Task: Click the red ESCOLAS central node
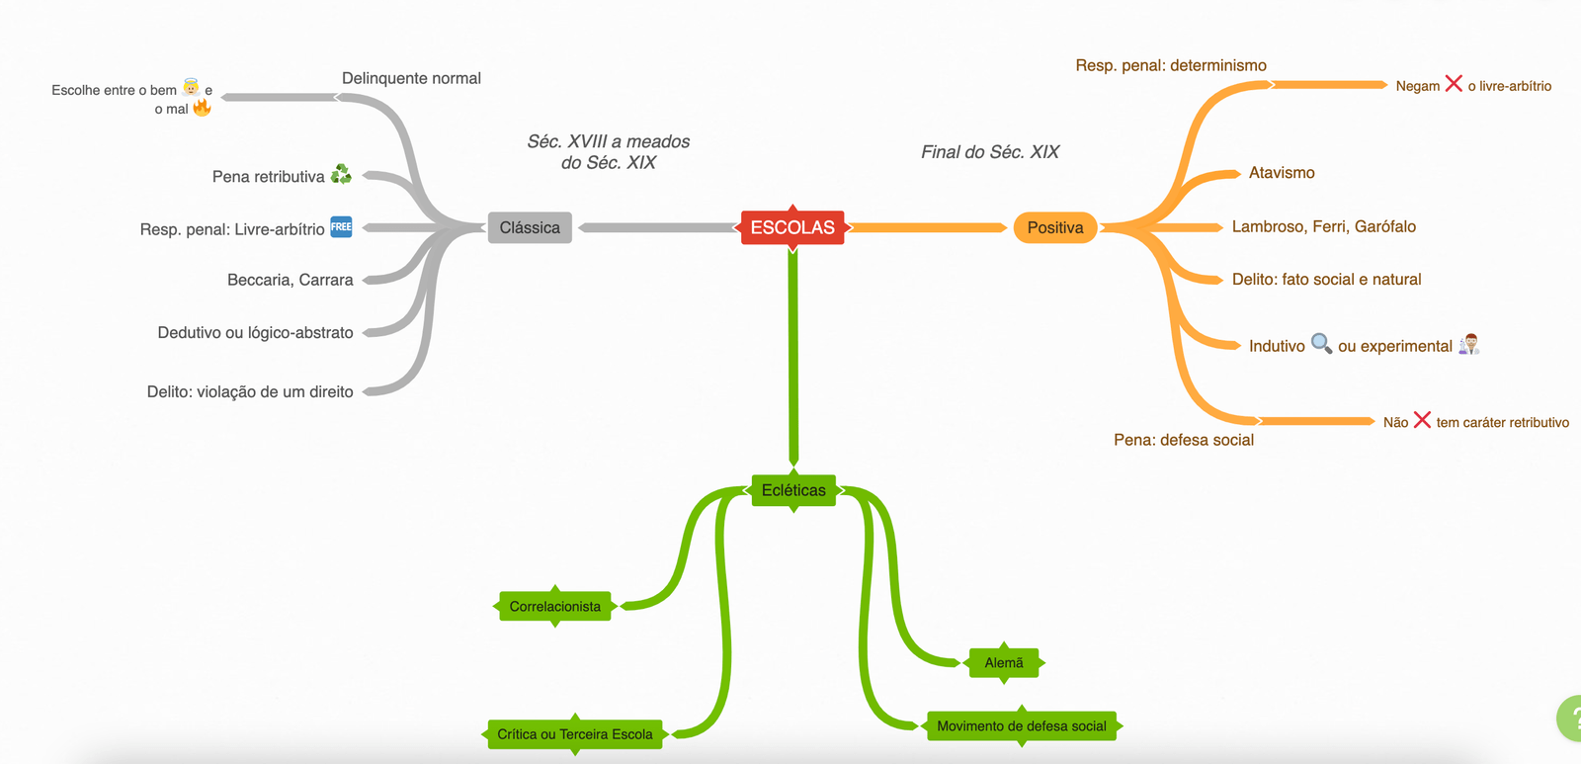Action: (x=792, y=227)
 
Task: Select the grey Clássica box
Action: (x=530, y=227)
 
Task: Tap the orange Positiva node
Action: (x=1055, y=227)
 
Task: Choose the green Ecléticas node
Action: (x=793, y=490)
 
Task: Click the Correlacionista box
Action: (x=554, y=606)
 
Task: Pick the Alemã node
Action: (x=1004, y=662)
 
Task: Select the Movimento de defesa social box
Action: (x=1021, y=725)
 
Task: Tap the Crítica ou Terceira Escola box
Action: (x=574, y=734)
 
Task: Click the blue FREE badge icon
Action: (x=341, y=226)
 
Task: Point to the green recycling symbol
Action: (x=341, y=174)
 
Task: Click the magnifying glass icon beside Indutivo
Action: (x=1321, y=343)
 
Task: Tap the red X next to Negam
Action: (x=1454, y=83)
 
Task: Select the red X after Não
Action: (x=1422, y=419)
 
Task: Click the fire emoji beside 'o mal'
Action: (x=202, y=107)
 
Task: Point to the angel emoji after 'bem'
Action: (x=191, y=87)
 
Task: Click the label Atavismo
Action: (x=1282, y=173)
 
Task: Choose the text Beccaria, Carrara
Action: (x=290, y=280)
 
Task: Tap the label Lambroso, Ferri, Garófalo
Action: (x=1323, y=226)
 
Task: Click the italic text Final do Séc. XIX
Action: (x=990, y=152)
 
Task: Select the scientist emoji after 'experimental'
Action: (x=1469, y=344)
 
